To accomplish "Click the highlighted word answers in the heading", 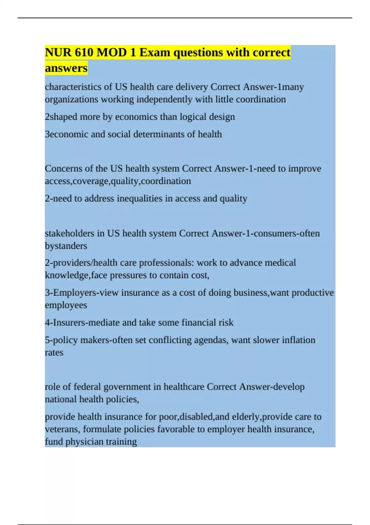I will click(66, 68).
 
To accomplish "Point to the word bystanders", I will click(66, 246).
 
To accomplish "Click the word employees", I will click(66, 305).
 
